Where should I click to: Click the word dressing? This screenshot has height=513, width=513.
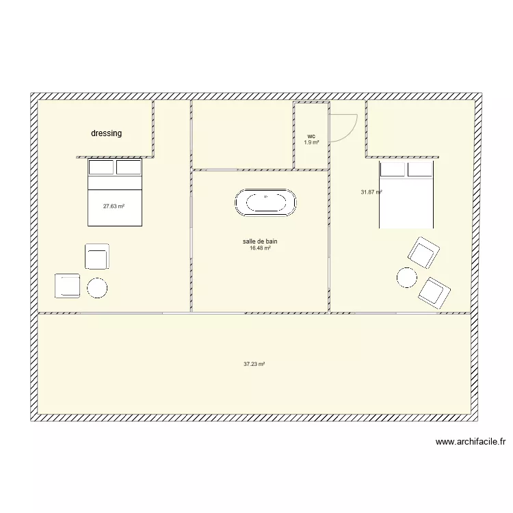point(106,133)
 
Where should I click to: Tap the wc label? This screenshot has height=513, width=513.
point(311,136)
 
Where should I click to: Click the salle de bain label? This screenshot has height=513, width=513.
point(260,241)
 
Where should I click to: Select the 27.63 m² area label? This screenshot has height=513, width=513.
point(114,205)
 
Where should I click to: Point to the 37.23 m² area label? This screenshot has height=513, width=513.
point(254,365)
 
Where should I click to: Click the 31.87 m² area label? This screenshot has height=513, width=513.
point(371,192)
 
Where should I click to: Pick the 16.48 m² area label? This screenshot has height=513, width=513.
point(260,248)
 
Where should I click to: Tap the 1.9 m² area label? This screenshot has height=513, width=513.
point(311,142)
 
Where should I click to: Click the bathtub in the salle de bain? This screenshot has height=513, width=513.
point(266,204)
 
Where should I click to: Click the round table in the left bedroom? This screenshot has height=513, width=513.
point(97,287)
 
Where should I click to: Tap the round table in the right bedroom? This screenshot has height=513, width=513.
point(406,277)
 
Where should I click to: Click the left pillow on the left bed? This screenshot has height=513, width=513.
point(102,168)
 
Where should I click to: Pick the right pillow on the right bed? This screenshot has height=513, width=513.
point(420,169)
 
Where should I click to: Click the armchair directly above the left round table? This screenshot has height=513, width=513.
point(97,256)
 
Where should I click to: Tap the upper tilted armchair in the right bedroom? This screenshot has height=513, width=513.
point(423,252)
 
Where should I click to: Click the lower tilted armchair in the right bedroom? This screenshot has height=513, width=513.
point(435,292)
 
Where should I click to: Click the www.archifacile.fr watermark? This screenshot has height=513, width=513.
point(469,442)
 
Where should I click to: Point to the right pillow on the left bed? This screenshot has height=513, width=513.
point(128,168)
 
